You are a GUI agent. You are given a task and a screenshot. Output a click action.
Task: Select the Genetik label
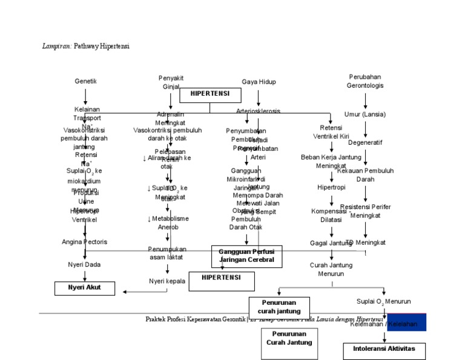click(x=85, y=81)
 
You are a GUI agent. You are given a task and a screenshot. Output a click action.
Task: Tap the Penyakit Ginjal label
click(x=171, y=82)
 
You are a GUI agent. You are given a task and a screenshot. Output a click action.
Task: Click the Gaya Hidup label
click(x=259, y=81)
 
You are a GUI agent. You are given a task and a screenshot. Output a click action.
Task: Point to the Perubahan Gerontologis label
click(x=365, y=81)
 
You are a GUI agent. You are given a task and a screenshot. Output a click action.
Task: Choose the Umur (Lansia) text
click(x=365, y=115)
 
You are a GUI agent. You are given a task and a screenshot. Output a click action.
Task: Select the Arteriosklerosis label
click(x=259, y=112)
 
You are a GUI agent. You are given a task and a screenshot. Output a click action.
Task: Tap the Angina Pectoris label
click(x=85, y=242)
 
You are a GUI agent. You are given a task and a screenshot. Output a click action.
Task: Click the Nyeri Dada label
click(x=85, y=265)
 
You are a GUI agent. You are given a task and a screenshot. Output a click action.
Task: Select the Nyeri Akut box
click(x=85, y=288)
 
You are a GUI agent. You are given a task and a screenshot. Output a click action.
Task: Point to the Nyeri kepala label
click(x=167, y=281)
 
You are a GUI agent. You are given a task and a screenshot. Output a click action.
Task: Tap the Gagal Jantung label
click(x=331, y=243)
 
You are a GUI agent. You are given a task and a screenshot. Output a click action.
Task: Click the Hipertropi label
click(x=331, y=187)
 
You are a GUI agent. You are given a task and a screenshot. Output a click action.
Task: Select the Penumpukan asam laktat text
click(x=167, y=253)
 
